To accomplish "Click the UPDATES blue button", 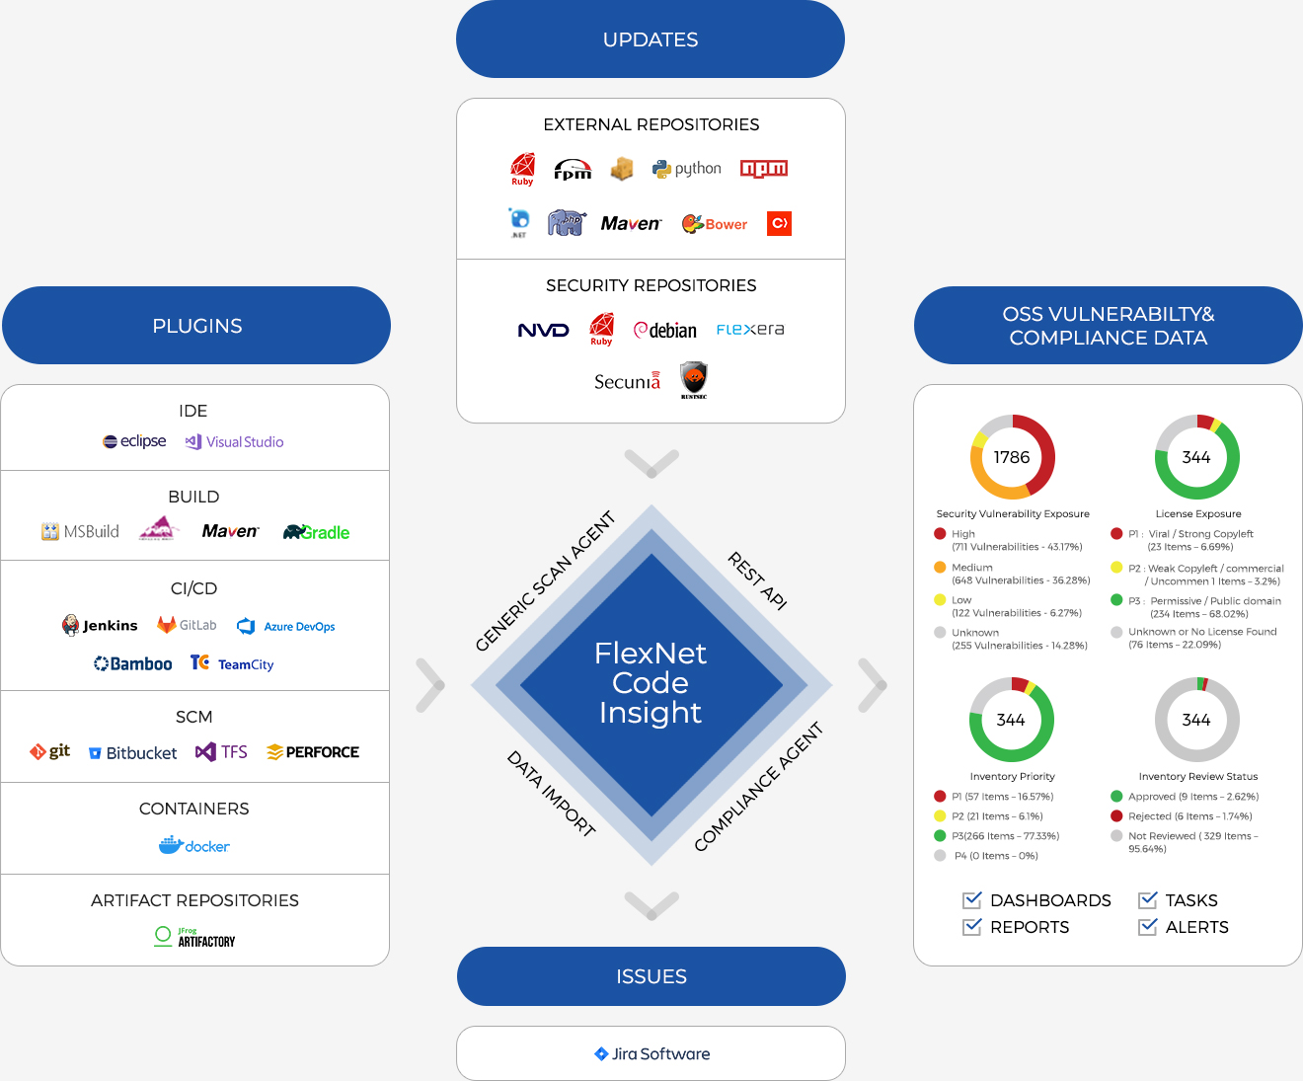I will pyautogui.click(x=651, y=39).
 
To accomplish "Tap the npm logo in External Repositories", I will pyautogui.click(x=764, y=169).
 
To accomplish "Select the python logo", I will pyautogui.click(x=687, y=169).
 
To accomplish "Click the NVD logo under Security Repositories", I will pyautogui.click(x=543, y=330).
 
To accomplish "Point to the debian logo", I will pyautogui.click(x=665, y=330).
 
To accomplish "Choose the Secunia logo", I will pyautogui.click(x=627, y=381).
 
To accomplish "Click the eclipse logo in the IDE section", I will pyautogui.click(x=134, y=441).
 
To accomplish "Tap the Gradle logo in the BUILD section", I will pyautogui.click(x=316, y=532).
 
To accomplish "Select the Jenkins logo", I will pyautogui.click(x=100, y=625).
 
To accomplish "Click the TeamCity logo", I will pyautogui.click(x=232, y=663).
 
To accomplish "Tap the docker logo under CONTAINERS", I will pyautogui.click(x=194, y=846).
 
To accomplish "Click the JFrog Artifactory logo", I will pyautogui.click(x=194, y=937).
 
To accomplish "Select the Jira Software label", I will pyautogui.click(x=651, y=1053).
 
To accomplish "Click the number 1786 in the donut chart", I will pyautogui.click(x=1012, y=457).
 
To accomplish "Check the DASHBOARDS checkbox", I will pyautogui.click(x=972, y=899).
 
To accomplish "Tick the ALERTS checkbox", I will pyautogui.click(x=1147, y=926).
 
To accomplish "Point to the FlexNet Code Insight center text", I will pyautogui.click(x=651, y=682).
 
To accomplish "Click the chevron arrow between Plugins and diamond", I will pyautogui.click(x=430, y=685).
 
